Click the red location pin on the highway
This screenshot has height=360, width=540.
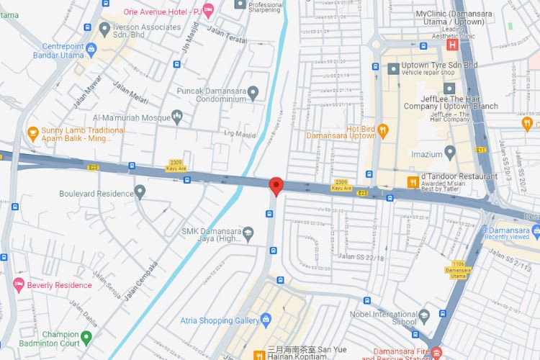click(275, 186)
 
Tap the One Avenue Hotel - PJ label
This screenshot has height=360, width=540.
click(163, 12)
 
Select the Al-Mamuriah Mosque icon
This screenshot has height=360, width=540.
click(178, 117)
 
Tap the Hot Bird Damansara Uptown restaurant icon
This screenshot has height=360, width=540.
click(383, 130)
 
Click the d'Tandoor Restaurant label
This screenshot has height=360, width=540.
click(459, 176)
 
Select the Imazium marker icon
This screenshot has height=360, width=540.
click(450, 152)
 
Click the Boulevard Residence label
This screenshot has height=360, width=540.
click(96, 193)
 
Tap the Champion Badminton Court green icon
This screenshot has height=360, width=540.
click(86, 336)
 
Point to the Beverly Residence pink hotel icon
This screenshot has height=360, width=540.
click(19, 285)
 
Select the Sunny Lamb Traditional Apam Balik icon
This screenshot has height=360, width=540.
click(32, 132)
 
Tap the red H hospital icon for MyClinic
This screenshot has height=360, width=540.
click(453, 45)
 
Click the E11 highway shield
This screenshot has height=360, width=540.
click(481, 150)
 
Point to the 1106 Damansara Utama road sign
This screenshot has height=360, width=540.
click(458, 264)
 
